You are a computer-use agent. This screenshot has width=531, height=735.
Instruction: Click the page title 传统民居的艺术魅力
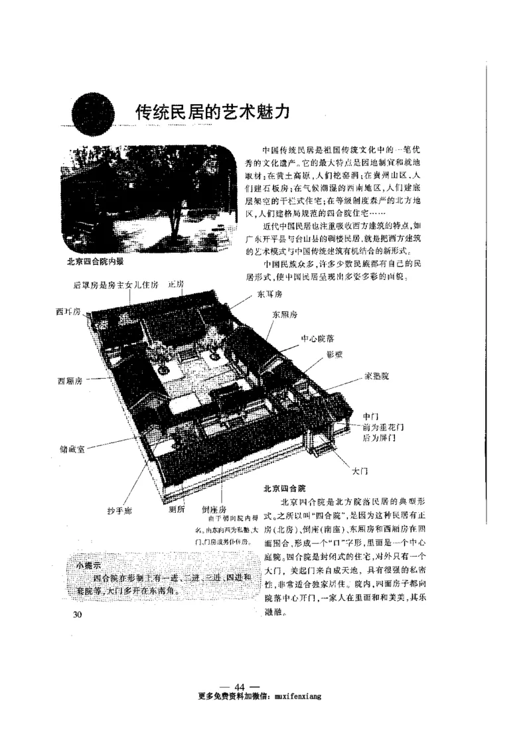click(212, 111)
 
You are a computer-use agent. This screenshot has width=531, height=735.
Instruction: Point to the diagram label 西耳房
click(68, 311)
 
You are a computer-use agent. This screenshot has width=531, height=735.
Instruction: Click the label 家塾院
click(376, 375)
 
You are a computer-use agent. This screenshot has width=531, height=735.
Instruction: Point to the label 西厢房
click(70, 381)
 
